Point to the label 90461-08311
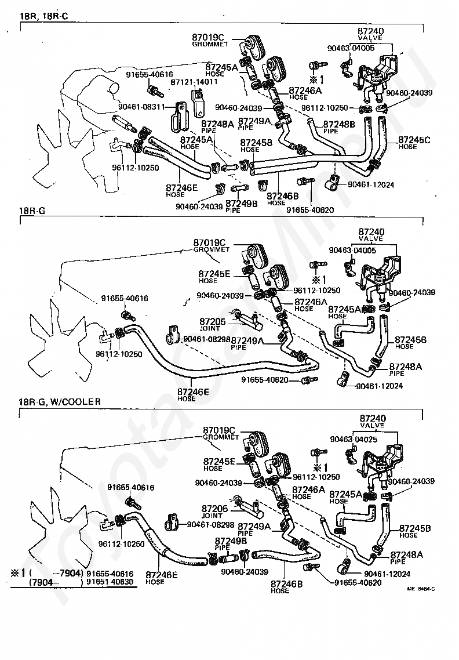coord(143,107)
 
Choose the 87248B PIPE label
coord(338,126)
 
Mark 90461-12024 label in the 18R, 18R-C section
coord(371,184)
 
